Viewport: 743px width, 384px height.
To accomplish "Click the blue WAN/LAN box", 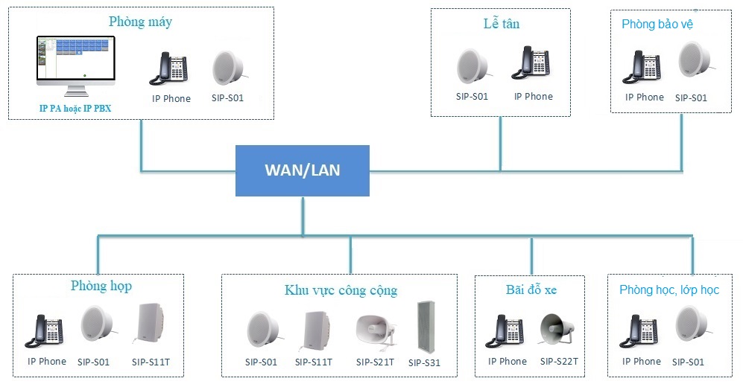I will pyautogui.click(x=302, y=170).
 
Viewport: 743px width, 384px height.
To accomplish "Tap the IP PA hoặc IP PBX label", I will pyautogui.click(x=75, y=109).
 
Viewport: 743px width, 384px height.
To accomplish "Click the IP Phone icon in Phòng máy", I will pyautogui.click(x=171, y=68).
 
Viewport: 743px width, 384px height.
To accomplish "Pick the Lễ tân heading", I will pyautogui.click(x=501, y=24).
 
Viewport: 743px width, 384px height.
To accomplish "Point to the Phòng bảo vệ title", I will pyautogui.click(x=657, y=25).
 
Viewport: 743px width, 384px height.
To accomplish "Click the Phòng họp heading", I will pyautogui.click(x=101, y=286).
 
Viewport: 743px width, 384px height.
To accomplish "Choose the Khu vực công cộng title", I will pyautogui.click(x=341, y=290).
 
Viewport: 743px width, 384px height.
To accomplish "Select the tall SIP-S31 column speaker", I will pyautogui.click(x=426, y=327).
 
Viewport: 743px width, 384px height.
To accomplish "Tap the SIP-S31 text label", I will pyautogui.click(x=425, y=363).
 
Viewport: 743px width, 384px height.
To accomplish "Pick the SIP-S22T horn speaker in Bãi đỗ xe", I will pyautogui.click(x=558, y=330).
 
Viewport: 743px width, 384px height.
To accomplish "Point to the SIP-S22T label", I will pyautogui.click(x=559, y=362).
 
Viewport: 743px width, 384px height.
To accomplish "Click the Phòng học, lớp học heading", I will pyautogui.click(x=669, y=289).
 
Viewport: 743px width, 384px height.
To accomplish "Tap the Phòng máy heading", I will pyautogui.click(x=140, y=22).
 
